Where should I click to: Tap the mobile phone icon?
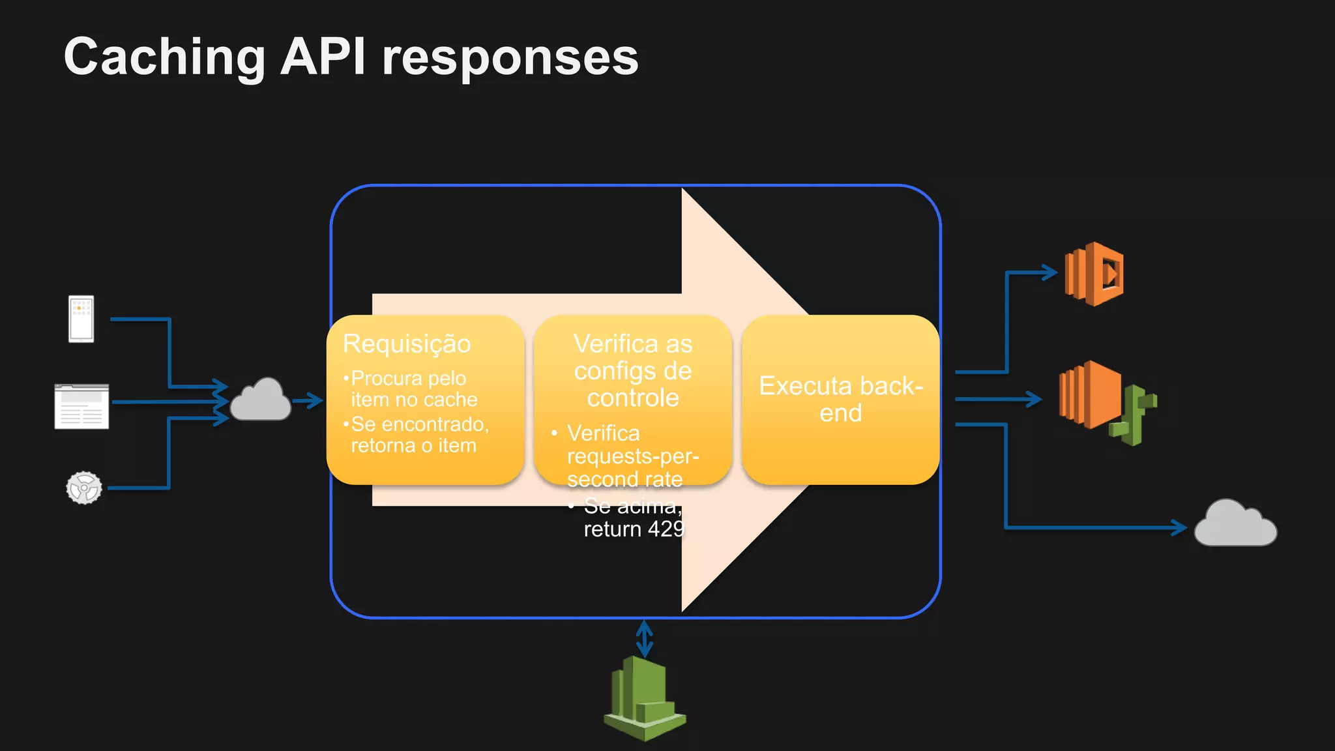81,319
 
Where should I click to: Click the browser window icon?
81,406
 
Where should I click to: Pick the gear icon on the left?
84,488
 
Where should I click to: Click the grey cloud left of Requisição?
261,400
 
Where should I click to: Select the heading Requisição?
407,344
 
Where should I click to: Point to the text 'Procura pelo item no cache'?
413,389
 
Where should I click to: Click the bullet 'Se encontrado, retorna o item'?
418,435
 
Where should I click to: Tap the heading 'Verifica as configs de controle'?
632,370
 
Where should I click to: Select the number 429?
666,529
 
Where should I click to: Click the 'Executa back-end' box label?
840,399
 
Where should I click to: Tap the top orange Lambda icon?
1094,274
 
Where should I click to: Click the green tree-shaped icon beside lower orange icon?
1136,415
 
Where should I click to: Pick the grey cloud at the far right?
1235,524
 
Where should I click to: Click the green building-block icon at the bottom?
644,699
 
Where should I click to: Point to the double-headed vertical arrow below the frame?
644,639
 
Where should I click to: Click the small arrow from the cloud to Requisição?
308,400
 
